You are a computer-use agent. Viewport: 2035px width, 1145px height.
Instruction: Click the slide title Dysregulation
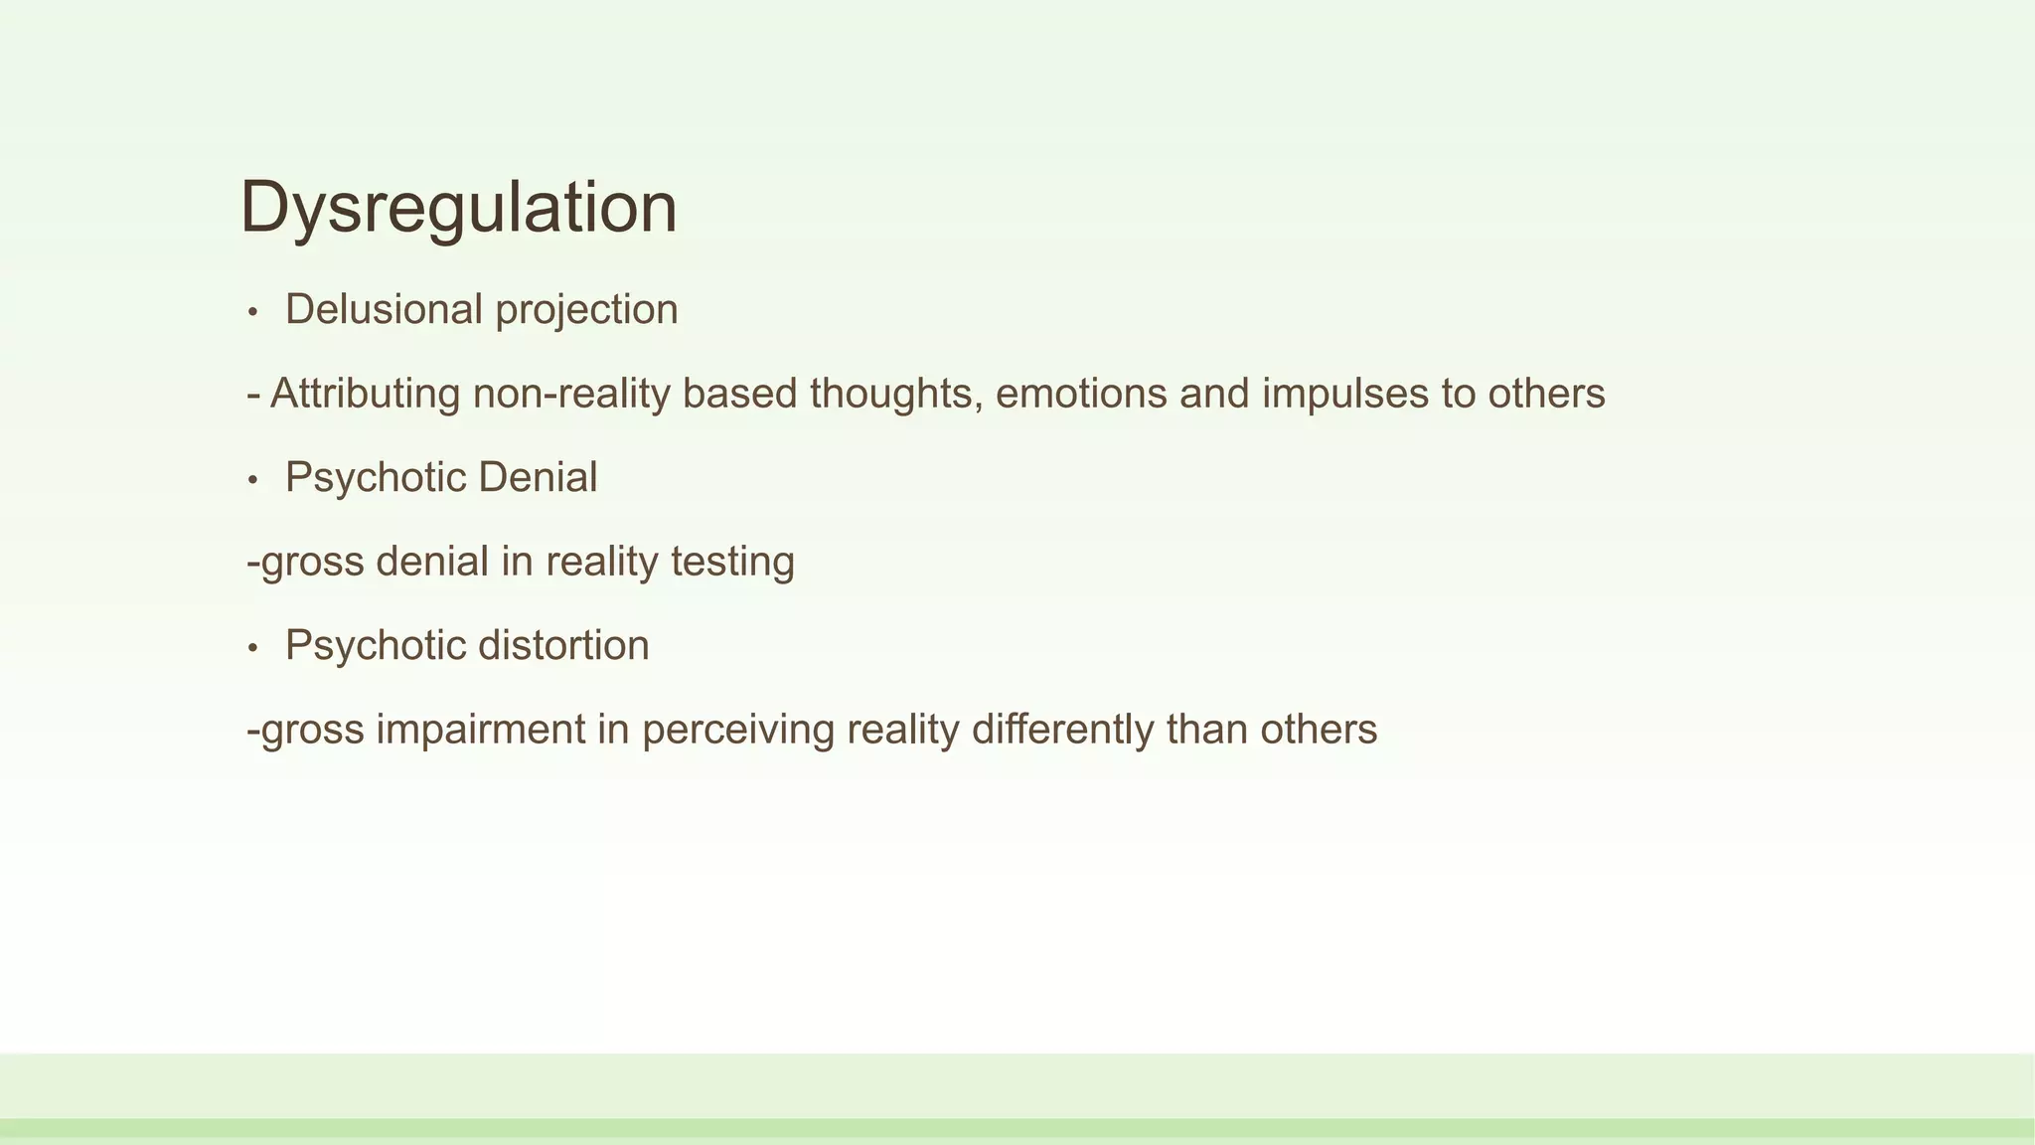click(458, 208)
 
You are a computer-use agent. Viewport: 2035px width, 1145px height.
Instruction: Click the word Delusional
click(384, 309)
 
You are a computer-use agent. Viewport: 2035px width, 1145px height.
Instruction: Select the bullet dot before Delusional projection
click(253, 313)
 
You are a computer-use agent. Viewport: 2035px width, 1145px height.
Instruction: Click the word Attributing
click(365, 395)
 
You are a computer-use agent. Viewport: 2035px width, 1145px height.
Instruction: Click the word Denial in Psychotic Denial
click(538, 478)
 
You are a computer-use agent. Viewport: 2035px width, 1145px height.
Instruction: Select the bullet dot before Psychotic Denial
click(253, 481)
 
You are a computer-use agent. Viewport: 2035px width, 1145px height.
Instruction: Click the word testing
click(732, 563)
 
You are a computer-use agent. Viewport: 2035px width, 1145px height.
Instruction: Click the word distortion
click(563, 646)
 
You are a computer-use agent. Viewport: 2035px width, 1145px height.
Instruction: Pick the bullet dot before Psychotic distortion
click(253, 649)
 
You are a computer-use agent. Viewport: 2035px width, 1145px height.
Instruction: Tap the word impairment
click(480, 731)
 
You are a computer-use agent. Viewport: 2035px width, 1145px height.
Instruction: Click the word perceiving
click(737, 731)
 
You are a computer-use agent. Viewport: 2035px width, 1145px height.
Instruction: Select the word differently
click(1062, 731)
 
